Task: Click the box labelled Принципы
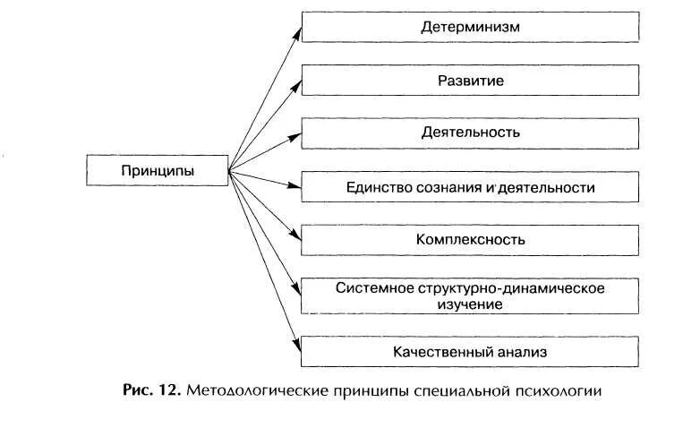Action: (157, 170)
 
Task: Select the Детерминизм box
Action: (470, 27)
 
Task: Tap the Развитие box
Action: (470, 81)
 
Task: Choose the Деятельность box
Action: (470, 133)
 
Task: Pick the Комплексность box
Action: (470, 240)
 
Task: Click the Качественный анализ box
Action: (470, 352)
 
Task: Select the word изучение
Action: (471, 304)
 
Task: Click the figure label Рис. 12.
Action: (149, 391)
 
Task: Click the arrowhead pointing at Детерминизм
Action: (296, 31)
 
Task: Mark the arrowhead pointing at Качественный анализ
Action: (296, 346)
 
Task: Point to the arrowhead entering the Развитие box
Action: (296, 83)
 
